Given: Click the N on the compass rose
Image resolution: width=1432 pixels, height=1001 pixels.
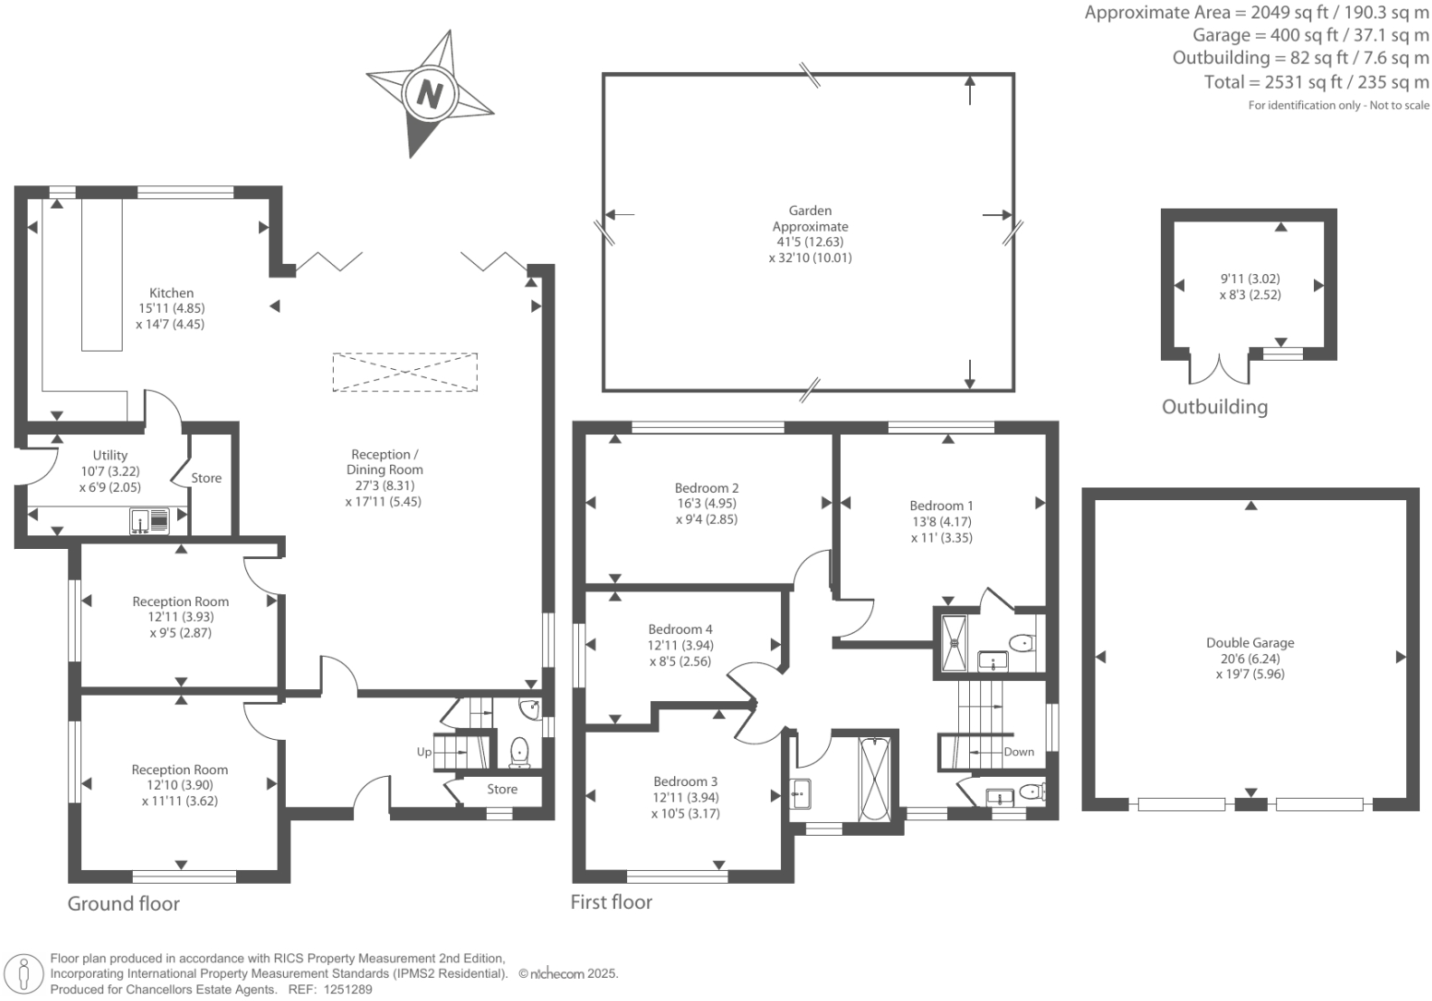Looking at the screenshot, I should (429, 93).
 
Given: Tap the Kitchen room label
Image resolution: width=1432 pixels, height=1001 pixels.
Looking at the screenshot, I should (172, 292).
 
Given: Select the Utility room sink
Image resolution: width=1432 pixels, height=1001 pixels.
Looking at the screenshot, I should (149, 521).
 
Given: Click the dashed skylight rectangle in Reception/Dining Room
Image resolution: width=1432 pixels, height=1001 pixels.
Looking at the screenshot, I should (405, 373).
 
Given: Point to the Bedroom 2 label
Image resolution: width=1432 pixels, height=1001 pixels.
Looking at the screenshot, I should (706, 488).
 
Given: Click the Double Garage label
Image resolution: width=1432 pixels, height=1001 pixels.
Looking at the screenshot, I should (1249, 643).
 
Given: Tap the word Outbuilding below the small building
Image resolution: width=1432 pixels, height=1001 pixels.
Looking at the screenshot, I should (1213, 407).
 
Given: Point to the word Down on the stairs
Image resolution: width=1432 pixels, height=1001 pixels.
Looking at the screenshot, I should (1018, 752).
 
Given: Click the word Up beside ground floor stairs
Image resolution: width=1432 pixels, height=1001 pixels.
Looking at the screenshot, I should (424, 752).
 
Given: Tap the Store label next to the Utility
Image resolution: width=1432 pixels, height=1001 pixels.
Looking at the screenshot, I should (207, 478).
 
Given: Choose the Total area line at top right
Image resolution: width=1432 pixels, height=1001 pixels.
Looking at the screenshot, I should (1316, 82).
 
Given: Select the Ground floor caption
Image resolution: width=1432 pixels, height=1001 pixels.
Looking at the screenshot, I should (124, 904).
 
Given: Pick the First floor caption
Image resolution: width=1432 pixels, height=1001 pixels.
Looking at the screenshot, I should (610, 902).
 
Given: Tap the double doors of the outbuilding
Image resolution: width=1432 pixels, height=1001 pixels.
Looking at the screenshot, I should (1219, 368).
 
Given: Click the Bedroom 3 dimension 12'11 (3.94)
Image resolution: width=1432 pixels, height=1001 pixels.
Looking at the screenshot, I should (685, 797).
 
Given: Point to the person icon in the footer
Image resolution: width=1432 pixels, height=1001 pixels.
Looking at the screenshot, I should (25, 974).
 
